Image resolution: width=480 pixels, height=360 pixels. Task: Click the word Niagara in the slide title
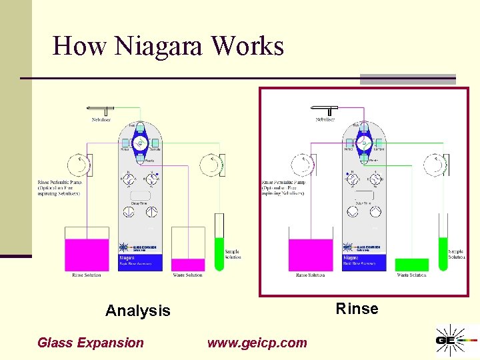[x=161, y=46]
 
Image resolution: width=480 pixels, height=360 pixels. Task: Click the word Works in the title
[x=247, y=46]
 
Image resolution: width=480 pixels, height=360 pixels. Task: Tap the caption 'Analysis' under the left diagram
[x=138, y=311]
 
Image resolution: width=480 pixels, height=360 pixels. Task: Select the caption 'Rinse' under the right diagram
[x=357, y=309]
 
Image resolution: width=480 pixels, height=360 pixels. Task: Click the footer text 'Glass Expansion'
[x=90, y=343]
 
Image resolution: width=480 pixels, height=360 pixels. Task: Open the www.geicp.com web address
[x=257, y=343]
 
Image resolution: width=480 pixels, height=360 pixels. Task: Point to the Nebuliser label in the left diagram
[x=101, y=119]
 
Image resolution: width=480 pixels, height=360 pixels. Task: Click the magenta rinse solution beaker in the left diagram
[x=87, y=254]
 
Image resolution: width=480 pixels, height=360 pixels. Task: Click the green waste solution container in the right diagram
[x=411, y=265]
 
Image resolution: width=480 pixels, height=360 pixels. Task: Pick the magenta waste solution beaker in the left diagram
[x=189, y=265]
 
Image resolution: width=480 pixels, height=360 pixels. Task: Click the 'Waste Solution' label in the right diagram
[x=411, y=275]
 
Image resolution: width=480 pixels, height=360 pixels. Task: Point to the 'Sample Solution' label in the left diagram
[x=233, y=254]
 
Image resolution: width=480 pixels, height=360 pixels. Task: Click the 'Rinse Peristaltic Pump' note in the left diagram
[x=59, y=187]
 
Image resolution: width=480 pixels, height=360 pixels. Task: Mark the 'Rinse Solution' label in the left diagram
[x=87, y=275]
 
